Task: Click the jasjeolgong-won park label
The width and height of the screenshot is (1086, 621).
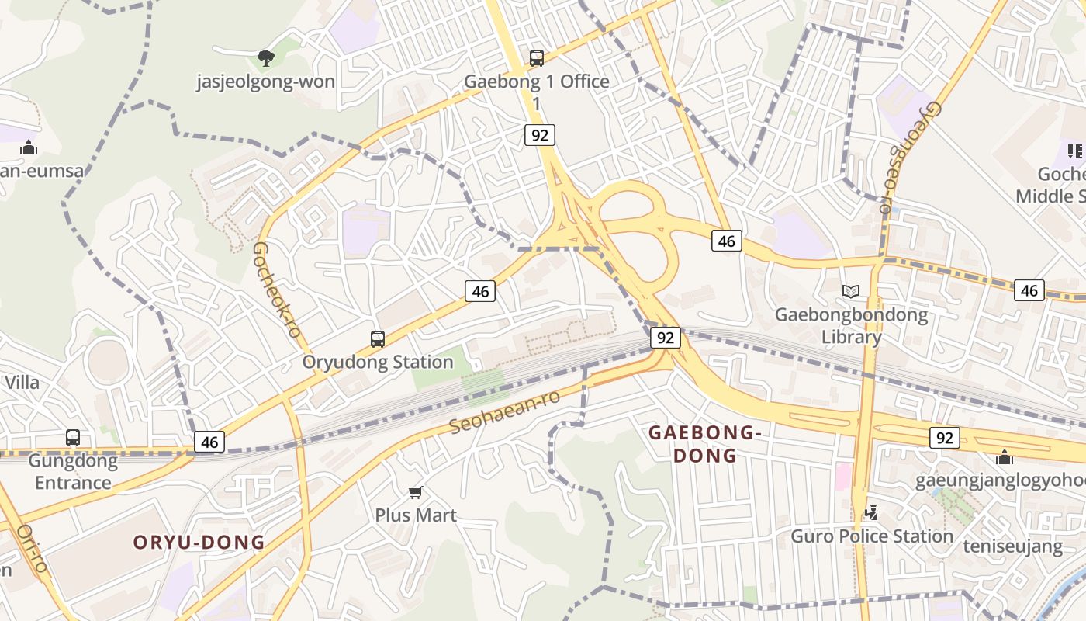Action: pyautogui.click(x=265, y=82)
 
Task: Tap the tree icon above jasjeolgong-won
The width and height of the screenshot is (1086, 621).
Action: pyautogui.click(x=266, y=57)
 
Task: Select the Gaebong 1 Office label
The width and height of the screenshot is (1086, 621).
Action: pyautogui.click(x=536, y=82)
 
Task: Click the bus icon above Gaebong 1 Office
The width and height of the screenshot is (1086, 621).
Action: pyautogui.click(x=536, y=57)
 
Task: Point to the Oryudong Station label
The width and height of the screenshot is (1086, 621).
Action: pyautogui.click(x=378, y=362)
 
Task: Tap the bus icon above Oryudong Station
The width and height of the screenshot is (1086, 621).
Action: pyautogui.click(x=378, y=339)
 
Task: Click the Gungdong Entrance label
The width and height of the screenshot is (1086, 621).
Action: pyautogui.click(x=73, y=471)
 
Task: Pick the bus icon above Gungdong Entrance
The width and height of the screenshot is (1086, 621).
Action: pyautogui.click(x=73, y=438)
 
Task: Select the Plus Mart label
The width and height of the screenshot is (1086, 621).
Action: pyautogui.click(x=416, y=515)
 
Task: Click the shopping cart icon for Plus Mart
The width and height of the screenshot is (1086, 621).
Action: pyautogui.click(x=416, y=492)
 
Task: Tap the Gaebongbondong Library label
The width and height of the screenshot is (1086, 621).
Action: pyautogui.click(x=851, y=325)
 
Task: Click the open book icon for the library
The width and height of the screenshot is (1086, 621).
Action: pyautogui.click(x=851, y=291)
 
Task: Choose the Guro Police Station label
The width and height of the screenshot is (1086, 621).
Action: pyautogui.click(x=871, y=536)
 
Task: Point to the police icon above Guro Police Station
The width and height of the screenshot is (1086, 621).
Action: pyautogui.click(x=871, y=512)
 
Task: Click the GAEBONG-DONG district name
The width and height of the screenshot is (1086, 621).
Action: pyautogui.click(x=702, y=443)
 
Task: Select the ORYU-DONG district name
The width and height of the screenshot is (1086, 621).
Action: pyautogui.click(x=199, y=542)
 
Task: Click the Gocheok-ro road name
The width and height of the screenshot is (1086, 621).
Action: pyautogui.click(x=277, y=290)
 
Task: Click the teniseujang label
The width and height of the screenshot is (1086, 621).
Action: pyautogui.click(x=1012, y=546)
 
